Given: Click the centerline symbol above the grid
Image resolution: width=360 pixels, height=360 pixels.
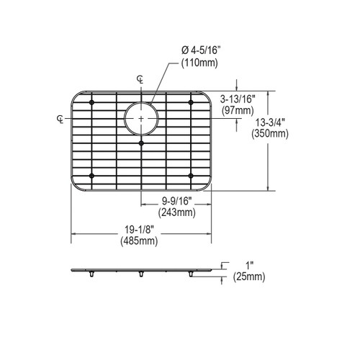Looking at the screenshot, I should [141, 78].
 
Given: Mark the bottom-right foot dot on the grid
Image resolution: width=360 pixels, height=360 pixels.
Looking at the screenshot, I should [191, 175].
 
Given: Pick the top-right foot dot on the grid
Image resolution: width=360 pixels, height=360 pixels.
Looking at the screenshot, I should [191, 104].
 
